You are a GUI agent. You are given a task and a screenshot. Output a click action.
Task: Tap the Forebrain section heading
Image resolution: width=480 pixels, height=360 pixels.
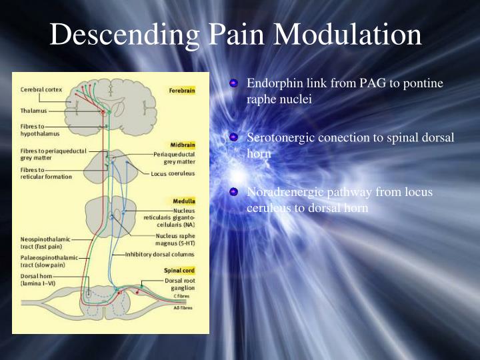pyautogui.click(x=181, y=89)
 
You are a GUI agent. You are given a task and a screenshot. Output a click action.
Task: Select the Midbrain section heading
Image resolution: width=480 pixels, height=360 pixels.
pyautogui.click(x=181, y=144)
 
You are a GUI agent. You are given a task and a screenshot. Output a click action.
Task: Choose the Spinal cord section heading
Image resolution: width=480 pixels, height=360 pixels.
pyautogui.click(x=179, y=270)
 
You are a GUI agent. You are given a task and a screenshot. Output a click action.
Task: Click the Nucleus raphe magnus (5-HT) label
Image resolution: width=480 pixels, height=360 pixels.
pyautogui.click(x=175, y=239)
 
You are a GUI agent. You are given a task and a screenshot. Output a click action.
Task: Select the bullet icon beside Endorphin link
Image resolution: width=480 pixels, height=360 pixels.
pyautogui.click(x=233, y=84)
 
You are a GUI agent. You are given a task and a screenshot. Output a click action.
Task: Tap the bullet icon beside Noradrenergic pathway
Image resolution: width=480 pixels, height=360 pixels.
pyautogui.click(x=233, y=193)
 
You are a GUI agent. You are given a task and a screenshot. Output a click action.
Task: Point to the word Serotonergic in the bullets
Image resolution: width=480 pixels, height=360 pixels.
pyautogui.click(x=277, y=138)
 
